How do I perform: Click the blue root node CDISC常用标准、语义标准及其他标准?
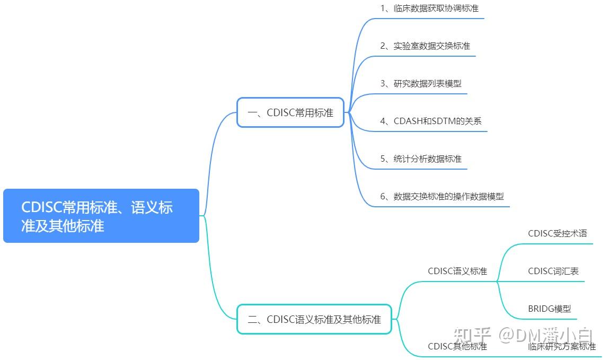click(x=101, y=216)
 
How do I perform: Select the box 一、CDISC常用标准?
click(x=290, y=112)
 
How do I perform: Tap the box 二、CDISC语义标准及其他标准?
click(x=314, y=319)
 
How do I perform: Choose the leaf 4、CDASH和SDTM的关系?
click(x=431, y=121)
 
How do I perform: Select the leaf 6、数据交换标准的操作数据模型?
click(x=442, y=196)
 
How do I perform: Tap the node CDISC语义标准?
click(x=457, y=271)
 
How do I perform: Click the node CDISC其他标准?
click(x=457, y=346)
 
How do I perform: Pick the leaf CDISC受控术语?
click(x=558, y=233)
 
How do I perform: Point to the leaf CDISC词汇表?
click(x=553, y=271)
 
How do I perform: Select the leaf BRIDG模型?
click(x=549, y=309)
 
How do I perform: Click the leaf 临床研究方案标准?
click(x=562, y=346)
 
